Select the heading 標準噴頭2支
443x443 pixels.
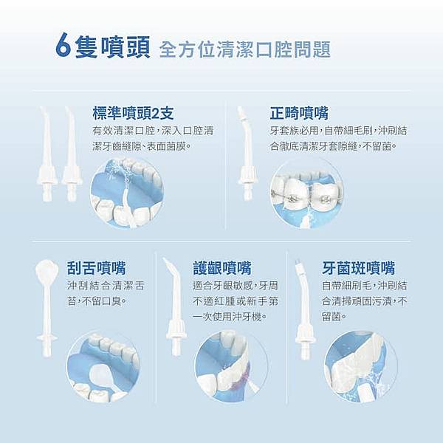[x=134, y=113]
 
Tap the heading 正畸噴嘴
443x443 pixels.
[x=300, y=113]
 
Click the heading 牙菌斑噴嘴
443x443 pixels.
[x=359, y=267]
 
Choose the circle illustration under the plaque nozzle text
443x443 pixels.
[x=360, y=367]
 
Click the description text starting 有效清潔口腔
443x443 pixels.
[x=153, y=138]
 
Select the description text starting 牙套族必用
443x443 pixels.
[x=333, y=138]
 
